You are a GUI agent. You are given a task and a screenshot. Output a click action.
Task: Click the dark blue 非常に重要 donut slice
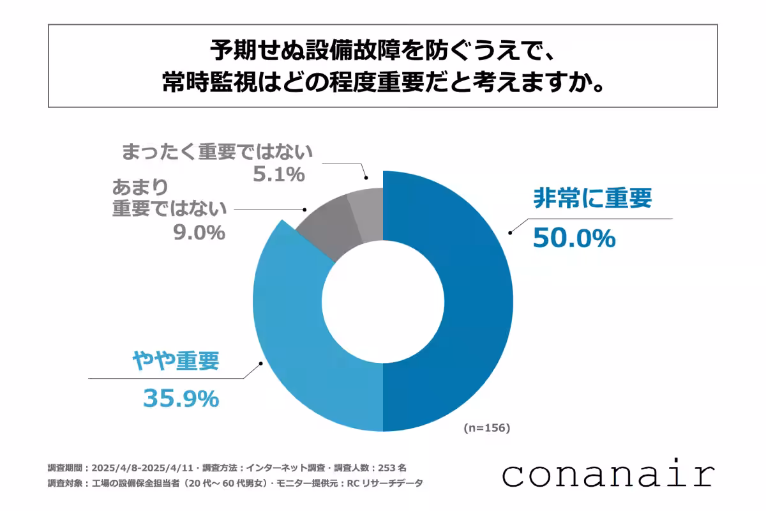(472, 300)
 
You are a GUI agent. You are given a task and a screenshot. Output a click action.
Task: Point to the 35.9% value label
(180, 399)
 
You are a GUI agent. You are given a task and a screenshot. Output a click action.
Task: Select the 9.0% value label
(199, 232)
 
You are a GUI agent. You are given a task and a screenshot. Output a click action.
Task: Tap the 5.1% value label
(278, 174)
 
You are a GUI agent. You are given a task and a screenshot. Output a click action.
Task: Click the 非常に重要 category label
(592, 199)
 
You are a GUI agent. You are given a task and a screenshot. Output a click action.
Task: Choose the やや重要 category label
(176, 362)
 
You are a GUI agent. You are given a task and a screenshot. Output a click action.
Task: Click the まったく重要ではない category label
(217, 152)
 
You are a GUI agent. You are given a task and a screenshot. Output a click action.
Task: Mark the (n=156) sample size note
(487, 428)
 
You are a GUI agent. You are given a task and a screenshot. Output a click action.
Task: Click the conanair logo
(608, 475)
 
